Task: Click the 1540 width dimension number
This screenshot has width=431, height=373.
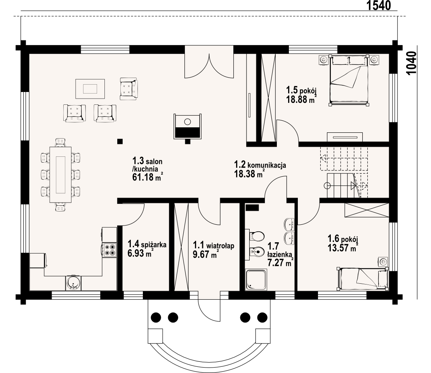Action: coord(379,5)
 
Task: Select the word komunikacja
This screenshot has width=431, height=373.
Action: coord(267,165)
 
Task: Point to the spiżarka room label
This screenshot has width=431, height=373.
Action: coord(153,245)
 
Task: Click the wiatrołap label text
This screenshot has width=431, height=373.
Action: coord(221,245)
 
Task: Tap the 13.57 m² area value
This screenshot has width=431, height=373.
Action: coord(342,248)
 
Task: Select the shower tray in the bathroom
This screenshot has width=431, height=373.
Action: coord(256,279)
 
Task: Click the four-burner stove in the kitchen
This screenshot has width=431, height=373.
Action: coord(109,250)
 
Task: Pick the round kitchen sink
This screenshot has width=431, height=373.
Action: coord(73,283)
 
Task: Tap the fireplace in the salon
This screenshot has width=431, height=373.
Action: coord(188,127)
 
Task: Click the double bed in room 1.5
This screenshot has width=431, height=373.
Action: coord(349,80)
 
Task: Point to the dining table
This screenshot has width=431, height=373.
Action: coord(61,175)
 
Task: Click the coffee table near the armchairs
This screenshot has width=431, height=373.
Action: coord(90,89)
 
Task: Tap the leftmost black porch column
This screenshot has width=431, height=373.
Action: coord(156,317)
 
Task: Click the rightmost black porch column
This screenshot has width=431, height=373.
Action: coord(262,317)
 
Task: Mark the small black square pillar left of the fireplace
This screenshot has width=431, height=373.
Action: coord(120,141)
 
